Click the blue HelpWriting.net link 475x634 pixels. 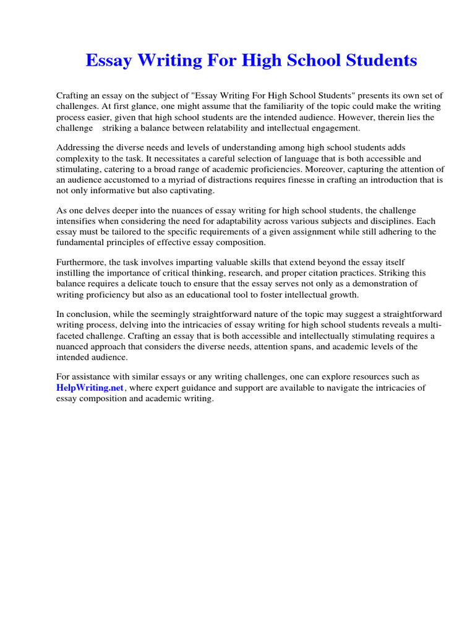tap(90, 388)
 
